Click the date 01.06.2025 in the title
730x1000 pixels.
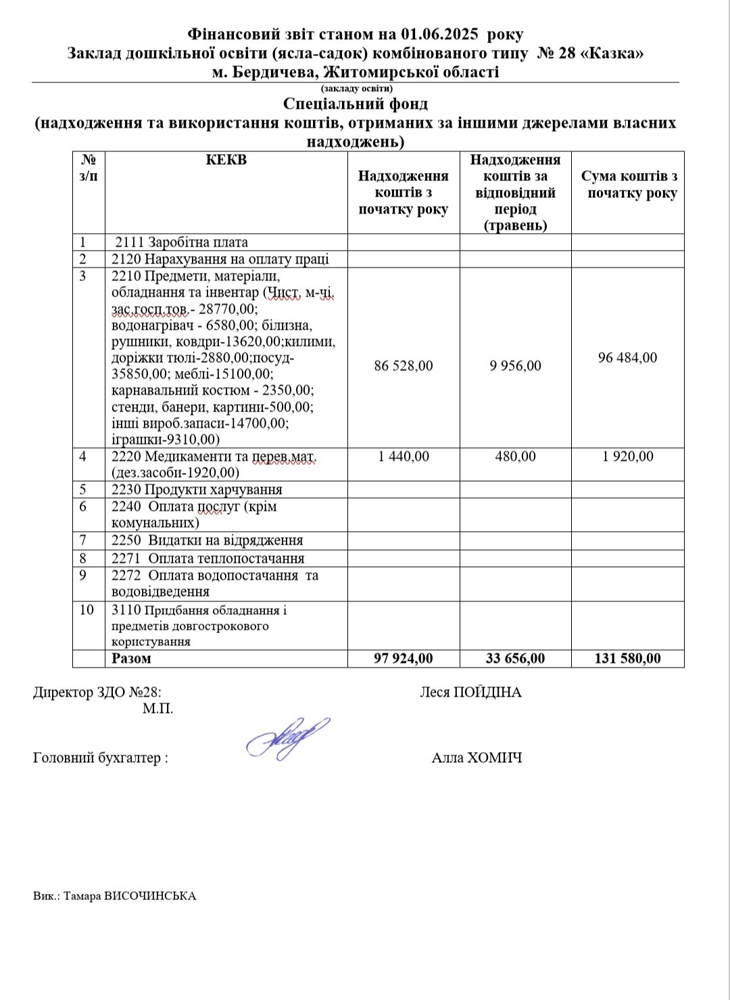point(440,34)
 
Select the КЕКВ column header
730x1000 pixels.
point(226,160)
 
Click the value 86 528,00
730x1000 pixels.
point(404,366)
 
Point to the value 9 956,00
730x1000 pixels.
point(515,366)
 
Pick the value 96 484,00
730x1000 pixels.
point(627,357)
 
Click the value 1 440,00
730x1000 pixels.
point(404,456)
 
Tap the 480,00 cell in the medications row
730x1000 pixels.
point(515,456)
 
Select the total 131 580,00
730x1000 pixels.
point(627,658)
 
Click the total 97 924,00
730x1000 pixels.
point(404,658)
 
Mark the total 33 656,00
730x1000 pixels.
point(515,658)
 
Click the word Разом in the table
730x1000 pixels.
point(132,658)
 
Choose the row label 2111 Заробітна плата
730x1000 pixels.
point(181,242)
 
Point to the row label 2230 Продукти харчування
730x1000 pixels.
point(197,489)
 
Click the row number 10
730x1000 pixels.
point(87,609)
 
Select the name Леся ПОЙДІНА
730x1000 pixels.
point(470,692)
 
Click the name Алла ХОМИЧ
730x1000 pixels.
point(477,757)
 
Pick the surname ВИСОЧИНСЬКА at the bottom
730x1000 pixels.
point(150,896)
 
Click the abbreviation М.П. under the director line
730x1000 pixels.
point(157,709)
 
